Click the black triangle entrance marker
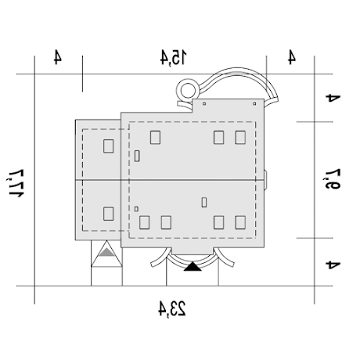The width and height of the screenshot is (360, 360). pos(193,267)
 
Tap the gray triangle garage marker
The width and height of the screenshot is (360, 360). pos(106,252)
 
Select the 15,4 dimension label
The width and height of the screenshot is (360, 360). pos(174,57)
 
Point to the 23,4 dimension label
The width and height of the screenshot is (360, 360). pos(172,309)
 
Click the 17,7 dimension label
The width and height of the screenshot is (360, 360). pos(16,183)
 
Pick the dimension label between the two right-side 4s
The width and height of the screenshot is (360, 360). pos(332,179)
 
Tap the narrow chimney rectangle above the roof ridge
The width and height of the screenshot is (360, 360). pos(137,156)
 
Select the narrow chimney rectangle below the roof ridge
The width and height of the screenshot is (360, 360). pos(204,203)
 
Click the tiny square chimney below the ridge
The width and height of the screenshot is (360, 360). pos(136,209)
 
